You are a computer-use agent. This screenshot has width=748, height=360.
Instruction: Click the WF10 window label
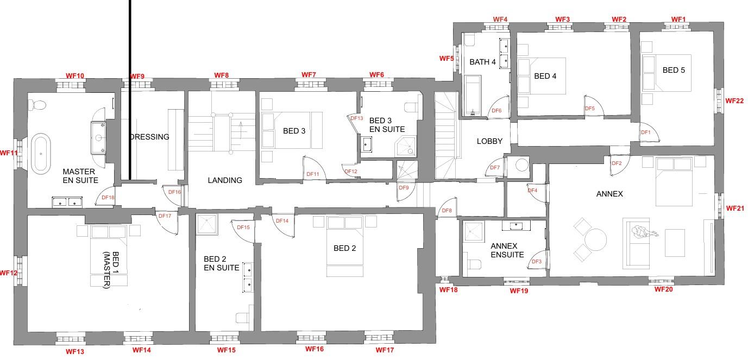coord(75,75)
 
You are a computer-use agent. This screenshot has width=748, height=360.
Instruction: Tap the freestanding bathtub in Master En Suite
coord(41,154)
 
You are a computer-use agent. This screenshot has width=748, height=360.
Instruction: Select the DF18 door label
coord(108,198)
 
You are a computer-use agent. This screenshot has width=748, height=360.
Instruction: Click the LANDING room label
coord(225,180)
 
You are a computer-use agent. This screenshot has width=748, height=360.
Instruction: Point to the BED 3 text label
coord(294,131)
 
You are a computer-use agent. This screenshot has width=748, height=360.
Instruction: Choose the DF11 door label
coord(312,174)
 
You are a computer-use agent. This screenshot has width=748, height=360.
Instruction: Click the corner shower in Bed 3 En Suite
coord(405,146)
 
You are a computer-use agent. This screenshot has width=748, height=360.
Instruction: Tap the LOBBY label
coord(489,141)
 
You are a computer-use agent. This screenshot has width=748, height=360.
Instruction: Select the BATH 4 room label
coord(482,62)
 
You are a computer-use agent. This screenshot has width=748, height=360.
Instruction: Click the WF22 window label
coord(734,100)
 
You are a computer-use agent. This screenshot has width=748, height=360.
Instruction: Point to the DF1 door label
coord(645,132)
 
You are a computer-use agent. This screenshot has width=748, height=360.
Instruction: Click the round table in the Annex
coord(595,239)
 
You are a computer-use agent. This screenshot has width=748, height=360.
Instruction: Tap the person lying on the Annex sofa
coord(644,231)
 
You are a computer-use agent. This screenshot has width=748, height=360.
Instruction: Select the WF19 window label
coord(519,291)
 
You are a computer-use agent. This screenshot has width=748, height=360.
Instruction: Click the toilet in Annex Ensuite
coord(474,264)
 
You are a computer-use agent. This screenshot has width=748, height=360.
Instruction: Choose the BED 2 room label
coord(344,248)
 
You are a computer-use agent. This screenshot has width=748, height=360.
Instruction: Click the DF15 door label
coord(243,227)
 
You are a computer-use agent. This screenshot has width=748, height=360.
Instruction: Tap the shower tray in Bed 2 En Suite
coord(207,224)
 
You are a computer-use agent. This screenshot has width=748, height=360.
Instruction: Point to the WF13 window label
coord(75,351)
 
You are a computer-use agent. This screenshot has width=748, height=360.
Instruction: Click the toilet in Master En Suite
coord(37,105)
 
